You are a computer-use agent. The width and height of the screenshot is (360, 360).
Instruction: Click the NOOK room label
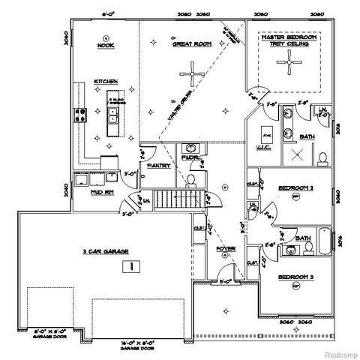(105, 45)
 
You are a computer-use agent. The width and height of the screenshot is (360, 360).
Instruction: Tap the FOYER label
(226, 246)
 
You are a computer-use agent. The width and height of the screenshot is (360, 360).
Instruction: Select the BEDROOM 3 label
(295, 277)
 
